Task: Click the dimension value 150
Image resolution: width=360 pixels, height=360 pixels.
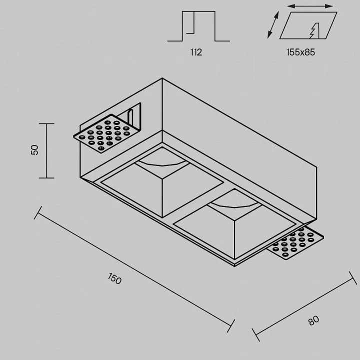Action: click(x=114, y=278)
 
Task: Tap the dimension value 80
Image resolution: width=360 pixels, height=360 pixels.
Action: click(x=313, y=320)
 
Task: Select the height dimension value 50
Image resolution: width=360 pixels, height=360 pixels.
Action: click(x=34, y=150)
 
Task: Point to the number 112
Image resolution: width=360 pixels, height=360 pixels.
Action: click(x=196, y=52)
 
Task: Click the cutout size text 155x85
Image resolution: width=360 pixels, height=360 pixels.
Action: click(x=301, y=52)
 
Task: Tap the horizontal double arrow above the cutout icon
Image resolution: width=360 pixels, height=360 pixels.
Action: click(x=309, y=6)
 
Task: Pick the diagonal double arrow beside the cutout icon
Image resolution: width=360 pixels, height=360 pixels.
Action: click(x=273, y=24)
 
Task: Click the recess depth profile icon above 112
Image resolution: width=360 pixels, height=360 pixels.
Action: click(x=198, y=26)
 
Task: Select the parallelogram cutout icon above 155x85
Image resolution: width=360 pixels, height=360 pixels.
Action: click(x=308, y=25)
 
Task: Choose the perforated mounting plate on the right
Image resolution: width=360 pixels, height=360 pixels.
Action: click(x=295, y=244)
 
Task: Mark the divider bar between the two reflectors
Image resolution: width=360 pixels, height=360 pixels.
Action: click(x=198, y=202)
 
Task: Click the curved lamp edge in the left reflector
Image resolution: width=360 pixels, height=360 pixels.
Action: click(x=162, y=164)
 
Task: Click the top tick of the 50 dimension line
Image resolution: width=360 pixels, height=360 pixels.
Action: click(x=46, y=124)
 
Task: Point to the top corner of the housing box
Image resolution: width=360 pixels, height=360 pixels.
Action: click(x=162, y=78)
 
